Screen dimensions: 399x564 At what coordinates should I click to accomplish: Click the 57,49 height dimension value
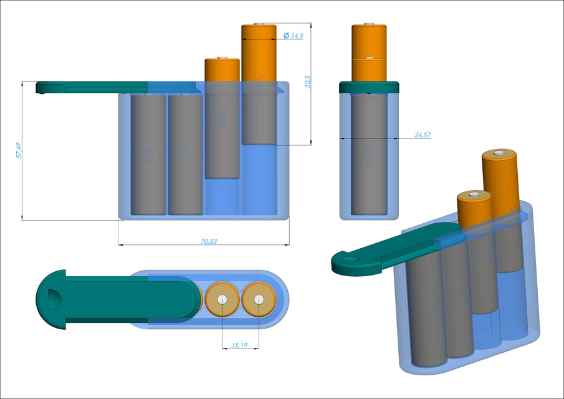coord(19,150)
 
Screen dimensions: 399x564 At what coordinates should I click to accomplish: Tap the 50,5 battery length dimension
coord(307,82)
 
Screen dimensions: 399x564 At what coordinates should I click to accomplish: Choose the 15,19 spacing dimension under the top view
coord(240,345)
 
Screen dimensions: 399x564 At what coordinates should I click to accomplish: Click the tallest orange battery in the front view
coord(259,53)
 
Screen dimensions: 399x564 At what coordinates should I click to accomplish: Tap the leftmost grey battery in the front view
coord(148,154)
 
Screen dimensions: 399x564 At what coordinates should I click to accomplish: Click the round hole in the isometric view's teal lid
coord(350,257)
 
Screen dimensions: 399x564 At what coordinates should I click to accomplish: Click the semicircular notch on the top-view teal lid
coord(53,300)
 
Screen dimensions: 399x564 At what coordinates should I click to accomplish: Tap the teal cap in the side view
coord(369,87)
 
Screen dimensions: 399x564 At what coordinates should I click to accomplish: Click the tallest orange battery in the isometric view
coord(500,181)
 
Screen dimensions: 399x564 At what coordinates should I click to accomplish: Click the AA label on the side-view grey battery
coord(369,156)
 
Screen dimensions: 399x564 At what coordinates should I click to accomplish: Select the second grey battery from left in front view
coord(185,154)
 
